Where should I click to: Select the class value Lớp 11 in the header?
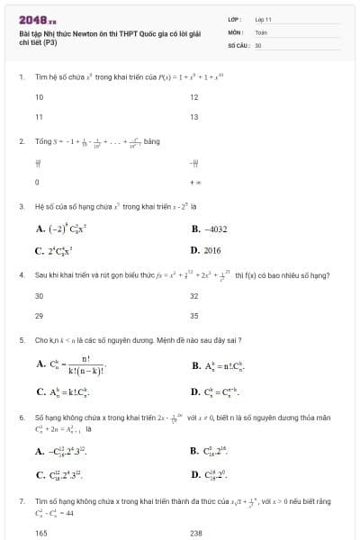pos(263,18)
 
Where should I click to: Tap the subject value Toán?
pos(261,31)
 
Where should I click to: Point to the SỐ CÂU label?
pos(238,44)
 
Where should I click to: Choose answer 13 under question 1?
pos(194,117)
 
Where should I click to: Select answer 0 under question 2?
pos(36,183)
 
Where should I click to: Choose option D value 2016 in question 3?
pos(211,251)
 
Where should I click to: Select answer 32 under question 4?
pos(194,295)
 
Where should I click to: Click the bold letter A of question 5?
pos(40,364)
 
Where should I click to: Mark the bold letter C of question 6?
pos(40,475)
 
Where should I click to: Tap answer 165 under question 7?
pos(40,533)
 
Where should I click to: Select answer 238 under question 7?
pos(196,533)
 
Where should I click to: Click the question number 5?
pos(21,341)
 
